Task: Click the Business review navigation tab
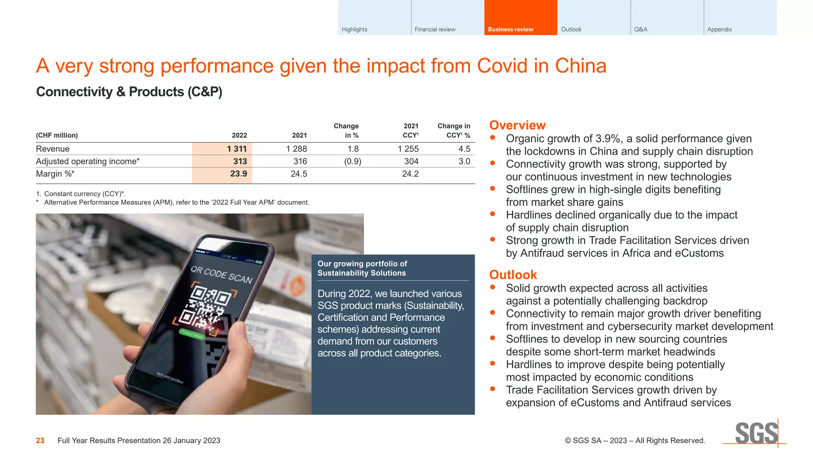coord(520,18)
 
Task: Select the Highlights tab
coord(374,18)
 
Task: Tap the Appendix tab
coord(740,18)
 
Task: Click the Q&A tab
coord(667,18)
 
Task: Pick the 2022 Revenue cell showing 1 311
coord(237,149)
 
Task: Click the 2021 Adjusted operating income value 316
coord(300,161)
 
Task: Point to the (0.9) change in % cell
coord(353,161)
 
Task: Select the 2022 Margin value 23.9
coord(238,174)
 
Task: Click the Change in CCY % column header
coord(454,130)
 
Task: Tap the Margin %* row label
coord(55,174)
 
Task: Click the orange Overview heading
coord(517,125)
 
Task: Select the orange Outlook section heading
coord(513,275)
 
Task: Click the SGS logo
coord(756,433)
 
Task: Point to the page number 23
coord(40,441)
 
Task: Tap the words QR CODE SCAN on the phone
coord(222,274)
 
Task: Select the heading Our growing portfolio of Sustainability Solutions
coord(362,268)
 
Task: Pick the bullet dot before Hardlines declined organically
coord(493,214)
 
